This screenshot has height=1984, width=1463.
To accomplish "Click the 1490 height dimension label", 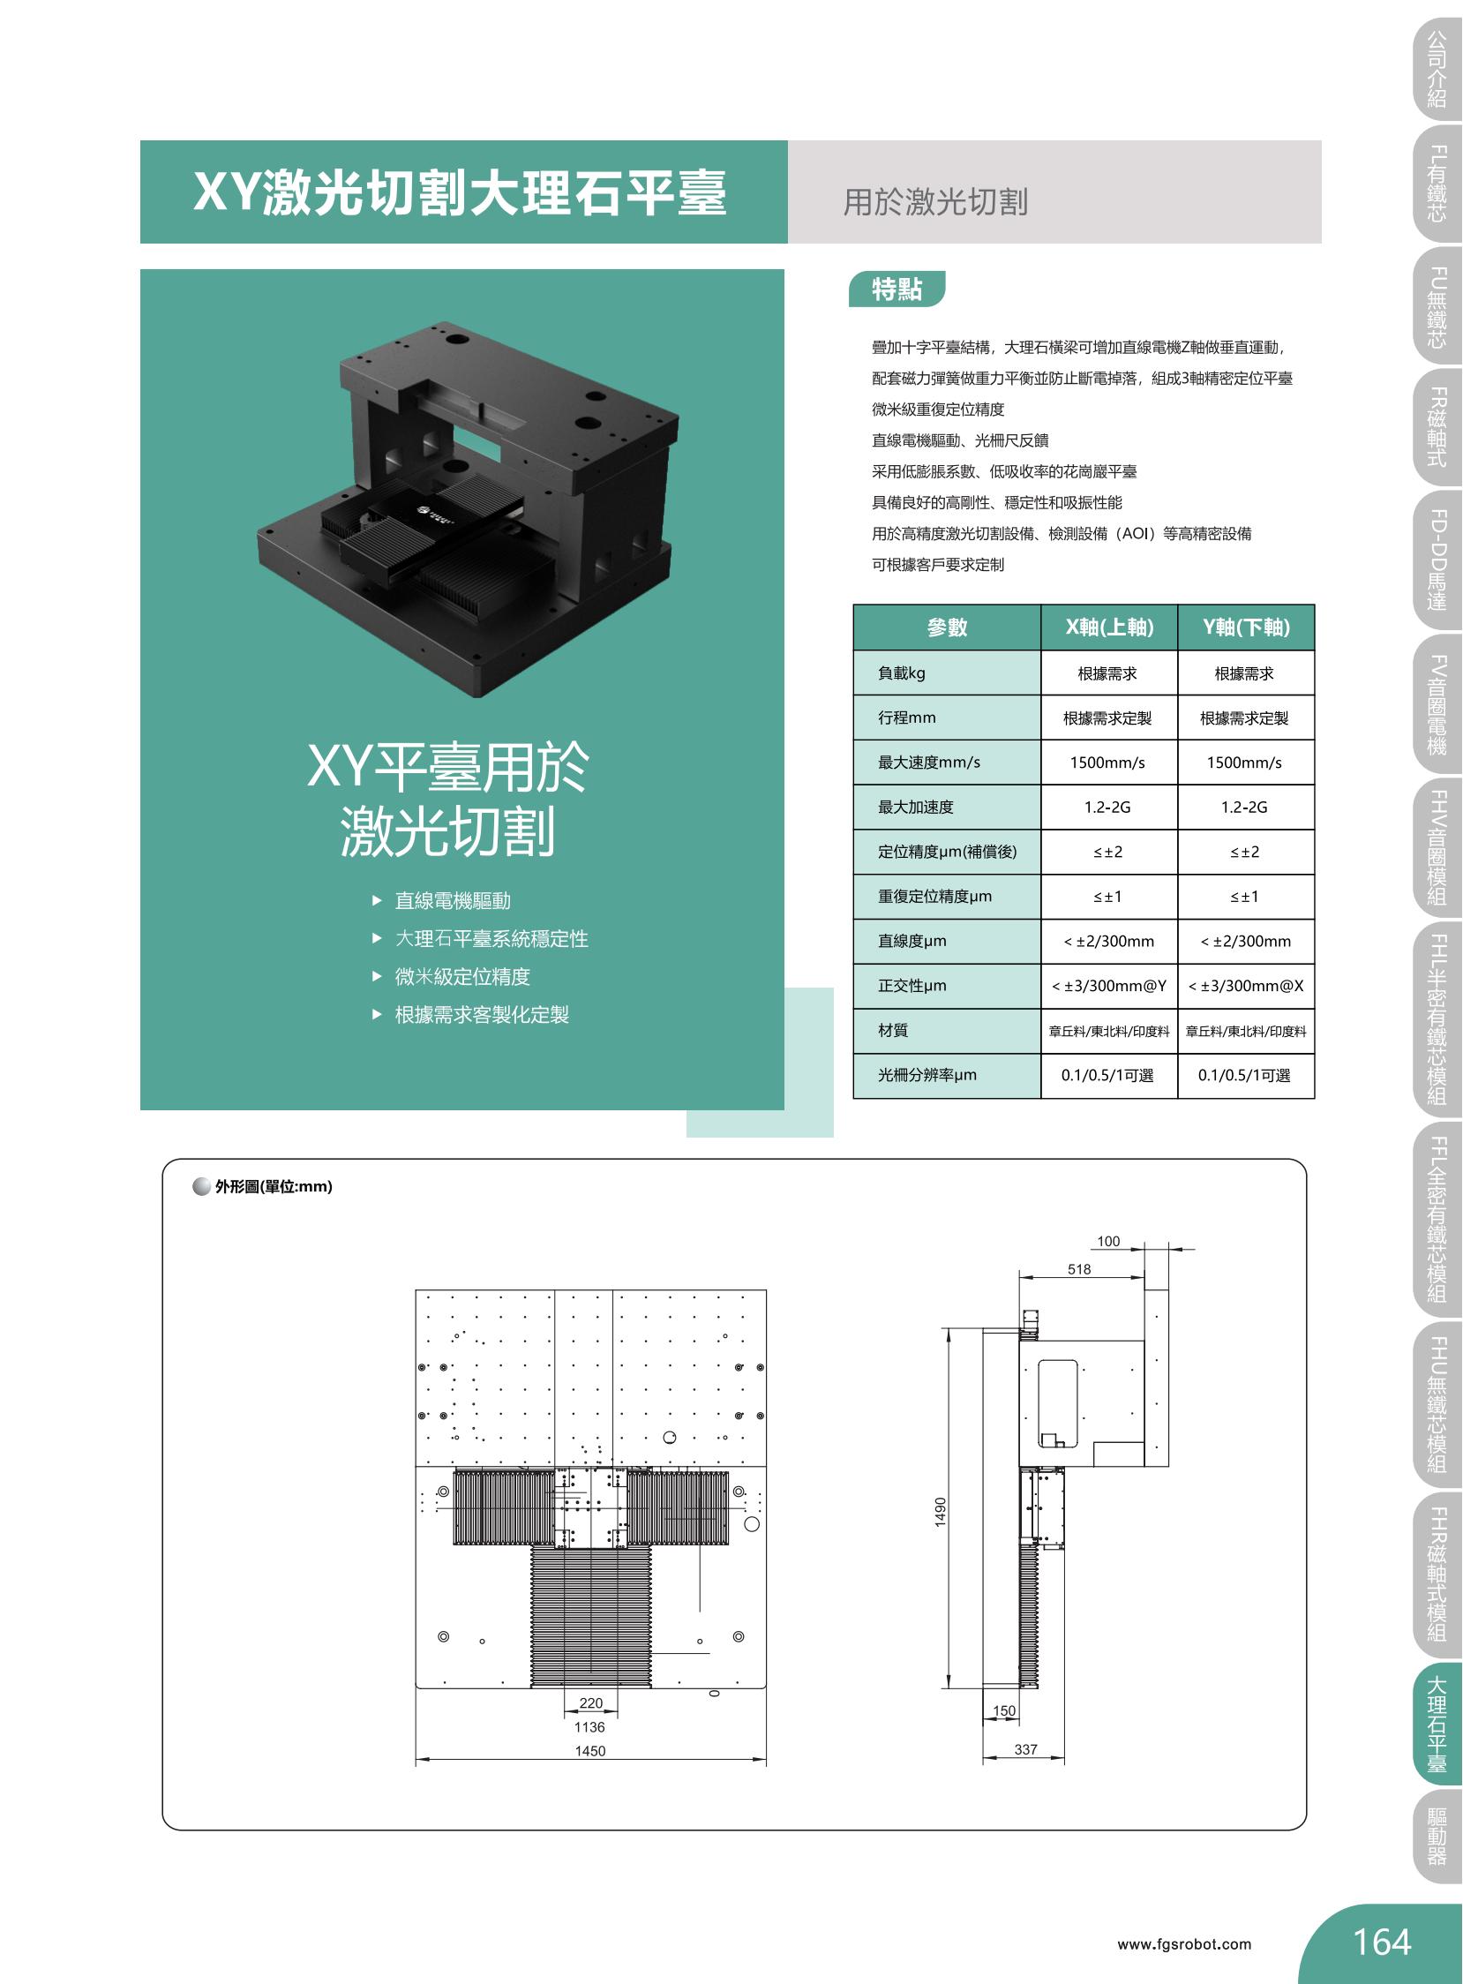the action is pyautogui.click(x=941, y=1511).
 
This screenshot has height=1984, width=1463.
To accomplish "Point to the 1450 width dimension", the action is pyautogui.click(x=589, y=1751).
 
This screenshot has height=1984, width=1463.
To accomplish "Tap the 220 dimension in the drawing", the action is pyautogui.click(x=590, y=1703).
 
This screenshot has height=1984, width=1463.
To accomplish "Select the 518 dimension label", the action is pyautogui.click(x=1079, y=1269).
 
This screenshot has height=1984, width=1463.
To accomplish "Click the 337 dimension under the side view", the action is pyautogui.click(x=1025, y=1749).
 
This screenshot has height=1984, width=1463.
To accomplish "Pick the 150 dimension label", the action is pyautogui.click(x=1004, y=1711).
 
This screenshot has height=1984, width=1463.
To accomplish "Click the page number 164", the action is pyautogui.click(x=1382, y=1943).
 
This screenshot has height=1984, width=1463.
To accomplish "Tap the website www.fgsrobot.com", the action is pyautogui.click(x=1184, y=1944).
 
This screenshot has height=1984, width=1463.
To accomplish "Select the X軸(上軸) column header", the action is pyautogui.click(x=1109, y=628).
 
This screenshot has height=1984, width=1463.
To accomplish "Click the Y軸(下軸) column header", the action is pyautogui.click(x=1246, y=628).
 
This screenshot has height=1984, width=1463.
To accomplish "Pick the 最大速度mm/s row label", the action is pyautogui.click(x=929, y=763).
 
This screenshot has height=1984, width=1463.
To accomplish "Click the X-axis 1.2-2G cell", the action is pyautogui.click(x=1108, y=807).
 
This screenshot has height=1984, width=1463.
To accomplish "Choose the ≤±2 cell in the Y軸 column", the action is pyautogui.click(x=1244, y=852).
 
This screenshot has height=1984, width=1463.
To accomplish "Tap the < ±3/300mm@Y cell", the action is pyautogui.click(x=1109, y=986).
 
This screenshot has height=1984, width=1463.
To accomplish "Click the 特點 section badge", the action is pyautogui.click(x=897, y=289).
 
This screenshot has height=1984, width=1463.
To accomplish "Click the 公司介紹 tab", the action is pyautogui.click(x=1437, y=68).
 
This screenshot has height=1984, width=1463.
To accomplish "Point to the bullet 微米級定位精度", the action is pyautogui.click(x=462, y=976).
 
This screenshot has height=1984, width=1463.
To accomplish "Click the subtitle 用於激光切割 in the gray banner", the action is pyautogui.click(x=935, y=202).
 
